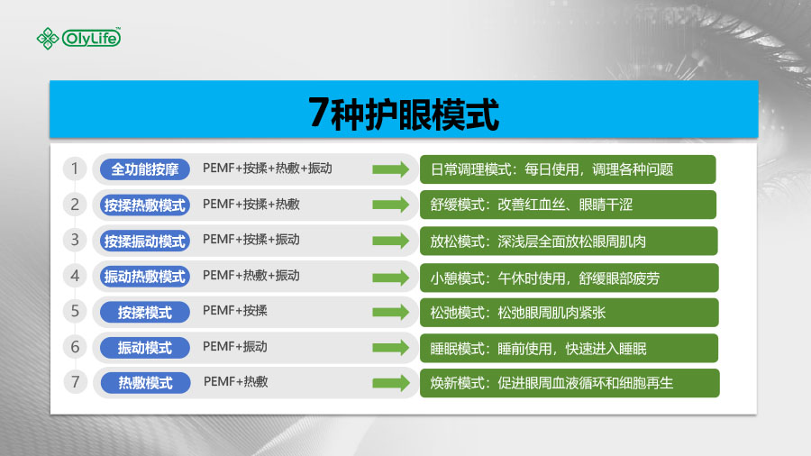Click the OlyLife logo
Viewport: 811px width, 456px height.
[x=78, y=38]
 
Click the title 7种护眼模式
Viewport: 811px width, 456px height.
[x=404, y=114]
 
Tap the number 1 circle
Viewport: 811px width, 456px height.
[x=75, y=169]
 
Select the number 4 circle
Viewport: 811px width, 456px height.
[x=75, y=276]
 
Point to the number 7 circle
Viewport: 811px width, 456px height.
[x=75, y=382]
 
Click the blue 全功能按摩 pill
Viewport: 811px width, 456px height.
[x=145, y=169]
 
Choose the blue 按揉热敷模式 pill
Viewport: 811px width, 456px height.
[x=145, y=205]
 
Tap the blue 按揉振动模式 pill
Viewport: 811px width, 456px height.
[x=145, y=241]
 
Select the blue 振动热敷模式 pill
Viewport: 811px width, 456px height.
[x=145, y=277]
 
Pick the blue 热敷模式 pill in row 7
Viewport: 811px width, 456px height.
[x=145, y=383]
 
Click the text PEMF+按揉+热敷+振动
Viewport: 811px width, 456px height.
[x=268, y=169]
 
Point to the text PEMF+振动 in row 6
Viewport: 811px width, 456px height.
[x=235, y=346]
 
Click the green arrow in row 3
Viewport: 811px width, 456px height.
[x=390, y=241]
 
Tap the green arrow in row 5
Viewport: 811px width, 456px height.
[x=390, y=312]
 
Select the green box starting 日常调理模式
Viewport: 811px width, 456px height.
[x=568, y=169]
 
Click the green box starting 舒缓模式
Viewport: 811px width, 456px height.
[x=568, y=205]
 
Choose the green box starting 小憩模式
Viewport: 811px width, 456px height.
[x=569, y=278]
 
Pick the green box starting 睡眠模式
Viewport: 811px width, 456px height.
[x=569, y=349]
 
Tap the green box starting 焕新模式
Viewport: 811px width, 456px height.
[x=570, y=383]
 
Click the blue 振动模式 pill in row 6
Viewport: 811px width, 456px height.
[x=145, y=348]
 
